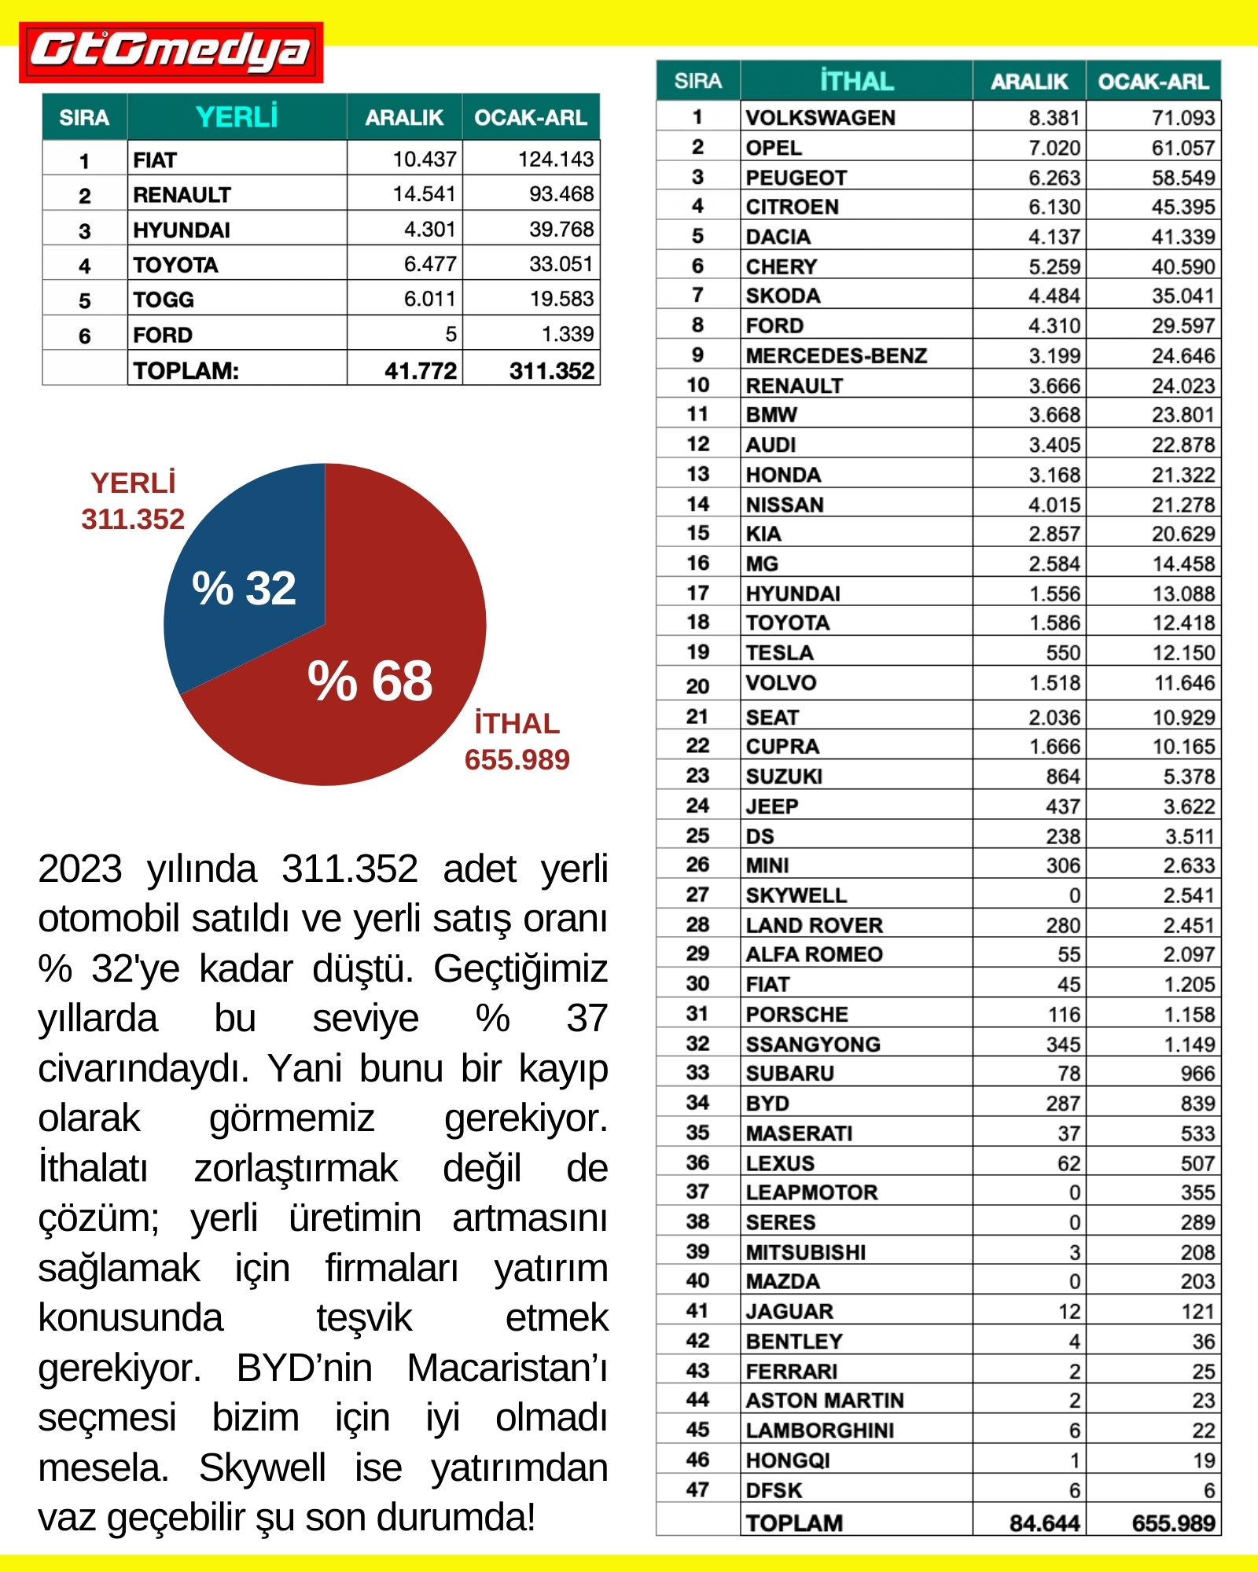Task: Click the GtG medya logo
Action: pos(171,52)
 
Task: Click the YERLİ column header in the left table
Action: pos(237,117)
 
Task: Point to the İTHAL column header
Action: pos(856,81)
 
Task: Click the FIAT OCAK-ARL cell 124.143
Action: pos(555,160)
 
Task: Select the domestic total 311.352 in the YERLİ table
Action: pos(551,370)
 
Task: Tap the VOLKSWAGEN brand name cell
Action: pos(820,117)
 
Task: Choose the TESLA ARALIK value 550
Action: pos(1063,652)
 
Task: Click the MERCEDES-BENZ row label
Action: pos(837,355)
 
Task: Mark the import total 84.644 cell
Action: pos(1044,1523)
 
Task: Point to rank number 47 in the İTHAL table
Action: pos(697,1489)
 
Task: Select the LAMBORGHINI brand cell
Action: pos(820,1430)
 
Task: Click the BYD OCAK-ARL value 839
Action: pos(1197,1104)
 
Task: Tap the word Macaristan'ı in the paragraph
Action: pos(507,1368)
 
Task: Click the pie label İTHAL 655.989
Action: pos(517,741)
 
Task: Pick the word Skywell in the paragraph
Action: pos(262,1467)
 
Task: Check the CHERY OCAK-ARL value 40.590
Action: pos(1183,266)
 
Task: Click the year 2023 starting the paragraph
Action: pos(79,869)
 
